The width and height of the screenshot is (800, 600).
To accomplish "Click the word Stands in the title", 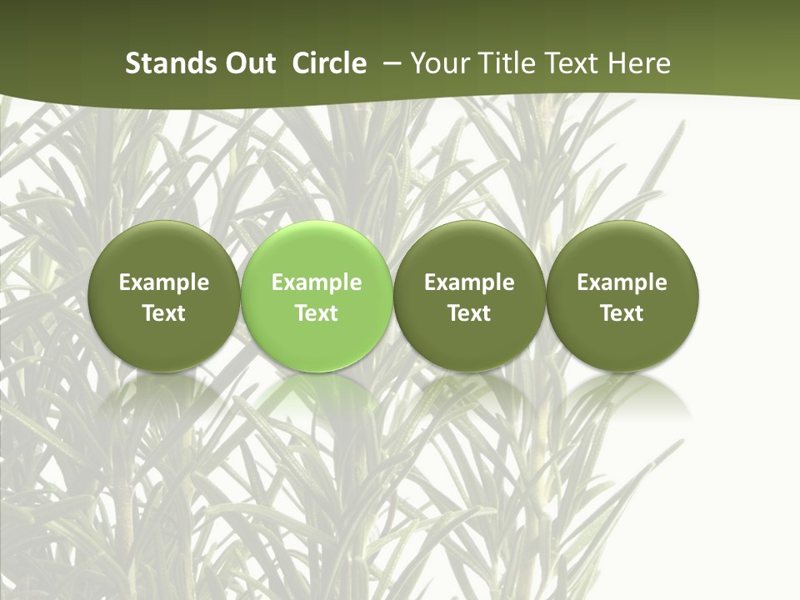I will point(163,63).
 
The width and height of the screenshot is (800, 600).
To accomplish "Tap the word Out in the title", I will point(247,63).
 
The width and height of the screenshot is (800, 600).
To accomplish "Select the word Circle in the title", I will point(329,63).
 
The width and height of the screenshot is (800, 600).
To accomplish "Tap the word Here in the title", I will point(639,63).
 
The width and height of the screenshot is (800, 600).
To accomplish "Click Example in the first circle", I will point(164,282).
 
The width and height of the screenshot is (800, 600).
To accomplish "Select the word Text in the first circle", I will point(164,313).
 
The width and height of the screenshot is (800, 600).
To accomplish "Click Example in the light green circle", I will point(317,282).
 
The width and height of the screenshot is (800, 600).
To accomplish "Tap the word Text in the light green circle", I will point(317,313).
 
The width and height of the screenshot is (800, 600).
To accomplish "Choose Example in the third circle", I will point(469,282).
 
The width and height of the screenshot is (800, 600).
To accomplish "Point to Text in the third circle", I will point(469,313).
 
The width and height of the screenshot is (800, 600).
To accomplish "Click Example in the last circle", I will point(622,282).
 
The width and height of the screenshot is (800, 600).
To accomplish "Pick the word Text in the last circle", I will point(622,313).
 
